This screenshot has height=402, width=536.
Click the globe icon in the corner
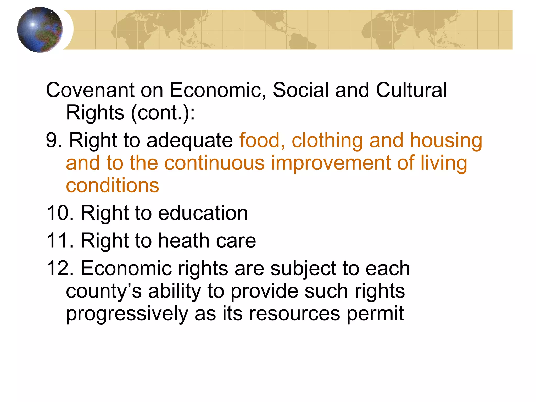pyautogui.click(x=40, y=30)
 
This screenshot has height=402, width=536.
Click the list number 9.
pyautogui.click(x=54, y=140)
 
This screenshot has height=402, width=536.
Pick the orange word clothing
pyautogui.click(x=327, y=141)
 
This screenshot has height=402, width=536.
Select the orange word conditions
pyautogui.click(x=113, y=186)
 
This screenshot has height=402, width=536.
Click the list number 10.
pyautogui.click(x=60, y=213)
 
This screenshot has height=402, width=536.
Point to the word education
pyautogui.click(x=203, y=213)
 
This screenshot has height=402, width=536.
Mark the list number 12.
pyautogui.click(x=60, y=269)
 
